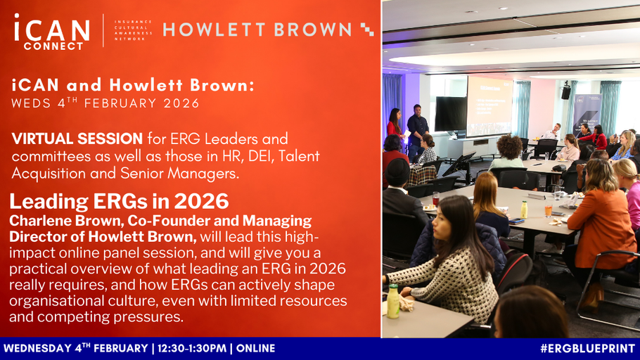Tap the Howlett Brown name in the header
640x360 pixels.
click(x=257, y=30)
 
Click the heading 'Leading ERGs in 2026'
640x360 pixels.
click(x=119, y=202)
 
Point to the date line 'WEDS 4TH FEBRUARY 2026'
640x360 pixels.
click(x=105, y=103)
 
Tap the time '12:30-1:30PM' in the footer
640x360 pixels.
click(x=193, y=348)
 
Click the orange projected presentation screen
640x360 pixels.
click(x=489, y=105)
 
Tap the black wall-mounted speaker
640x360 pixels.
click(x=565, y=91)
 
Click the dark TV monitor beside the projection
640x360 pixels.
click(x=451, y=113)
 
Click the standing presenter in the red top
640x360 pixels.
click(x=395, y=124)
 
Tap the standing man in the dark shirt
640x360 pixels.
click(x=417, y=130)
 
